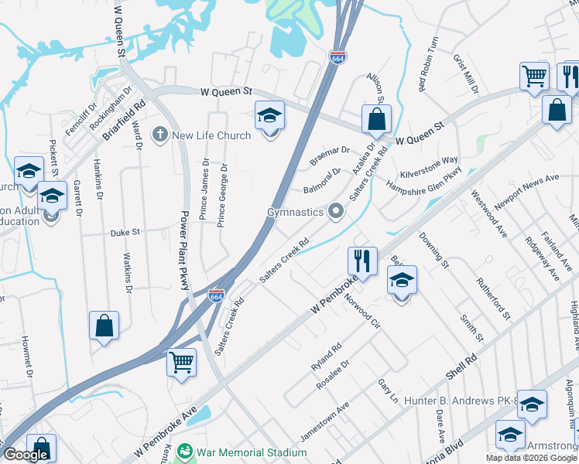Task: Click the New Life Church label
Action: (x=211, y=135)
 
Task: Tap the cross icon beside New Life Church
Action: (x=160, y=135)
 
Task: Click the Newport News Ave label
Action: (x=527, y=189)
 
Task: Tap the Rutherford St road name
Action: (x=493, y=299)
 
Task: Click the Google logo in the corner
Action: (x=25, y=455)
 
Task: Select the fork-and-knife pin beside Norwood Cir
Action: (x=362, y=261)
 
